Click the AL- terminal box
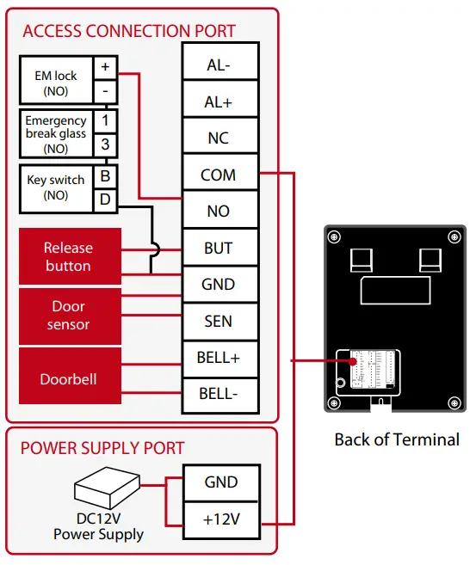[x=219, y=65]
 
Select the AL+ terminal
[x=219, y=101]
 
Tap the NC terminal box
[x=219, y=138]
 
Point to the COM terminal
[x=219, y=175]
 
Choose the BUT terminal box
[x=219, y=248]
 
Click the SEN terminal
[x=219, y=321]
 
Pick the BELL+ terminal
[x=219, y=357]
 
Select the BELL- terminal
[x=219, y=394]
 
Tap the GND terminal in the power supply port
[x=220, y=482]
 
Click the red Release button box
[x=68, y=256]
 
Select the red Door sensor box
[x=68, y=315]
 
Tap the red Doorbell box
[x=68, y=378]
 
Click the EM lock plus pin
[x=105, y=66]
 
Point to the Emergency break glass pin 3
[x=105, y=144]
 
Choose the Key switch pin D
[x=105, y=200]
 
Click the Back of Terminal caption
[x=397, y=439]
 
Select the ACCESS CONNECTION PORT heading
[x=129, y=32]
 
